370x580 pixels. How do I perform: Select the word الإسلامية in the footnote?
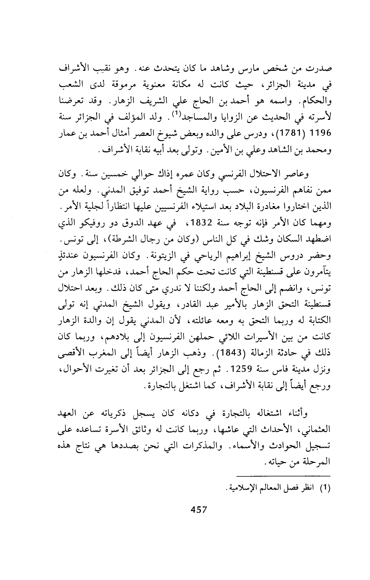tap(248, 488)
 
